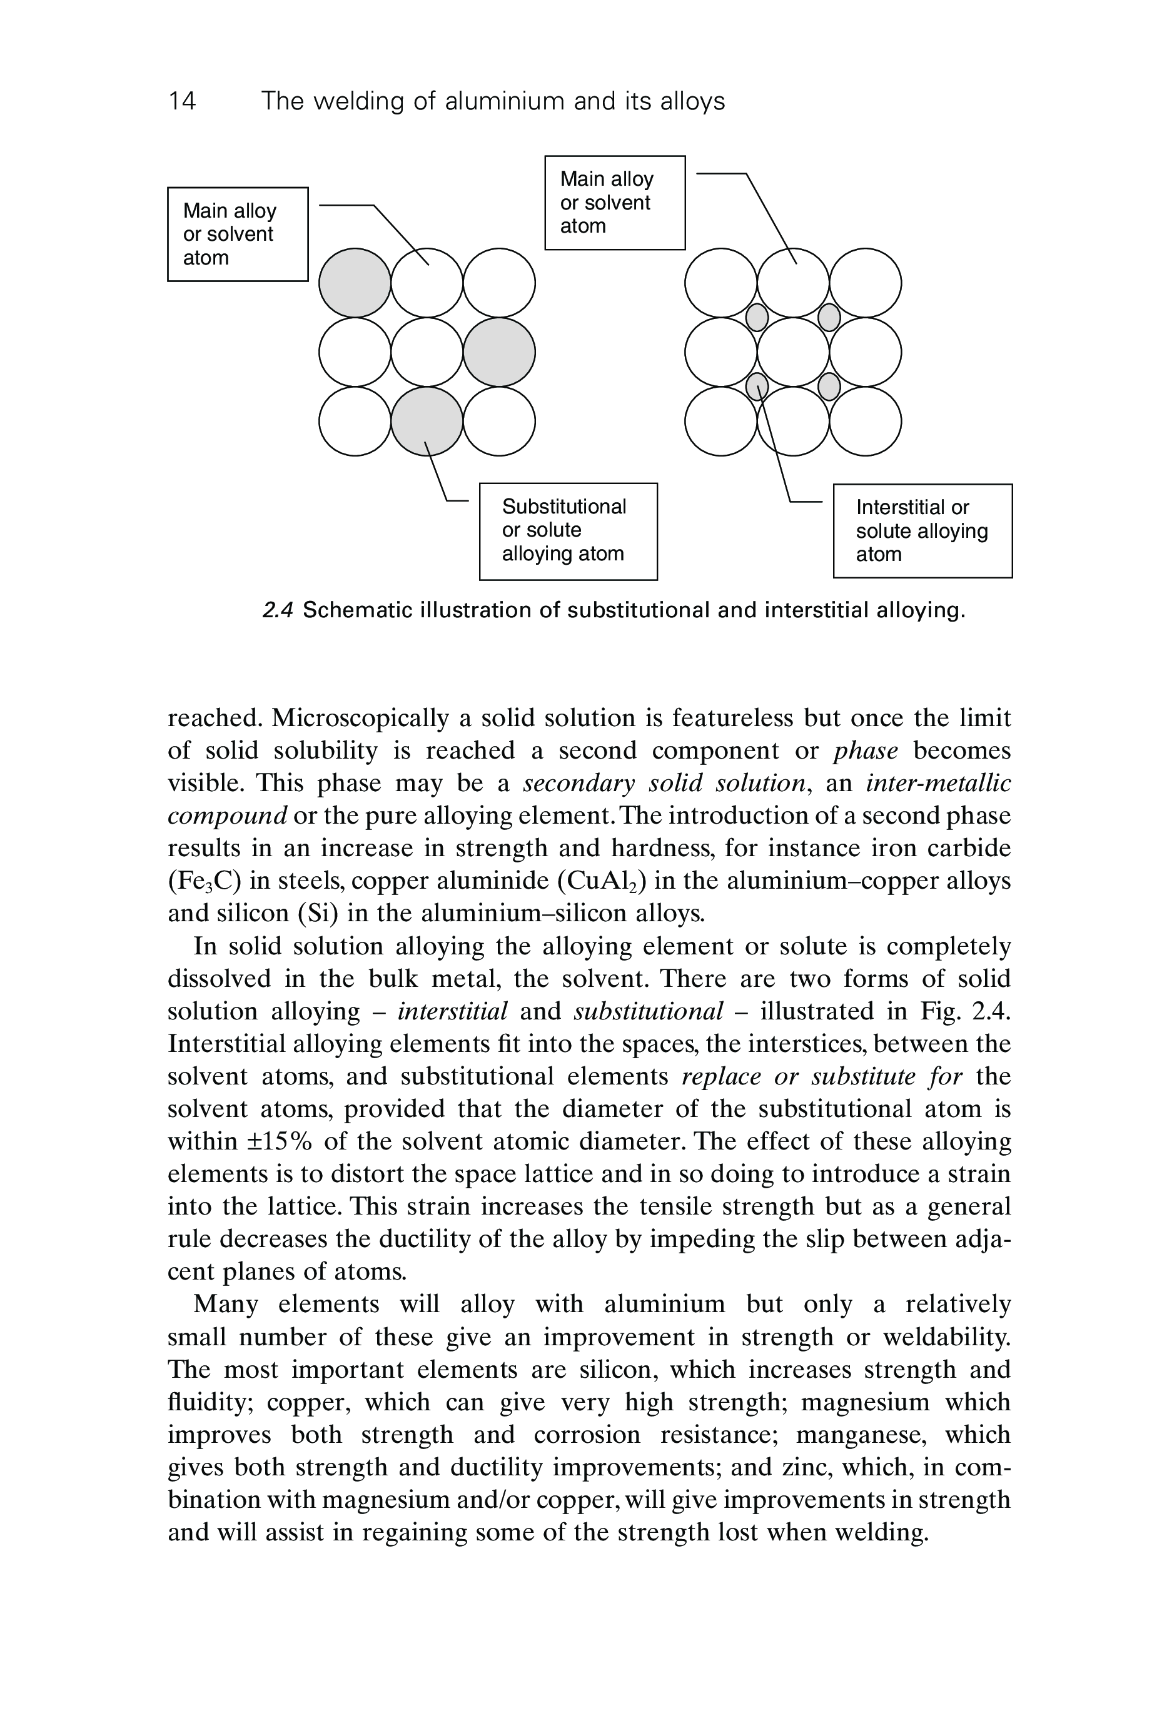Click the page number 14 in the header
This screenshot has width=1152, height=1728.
click(182, 101)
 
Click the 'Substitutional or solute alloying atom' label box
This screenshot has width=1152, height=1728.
click(568, 530)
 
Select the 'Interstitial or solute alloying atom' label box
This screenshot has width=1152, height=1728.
click(922, 530)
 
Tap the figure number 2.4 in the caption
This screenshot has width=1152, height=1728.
click(278, 610)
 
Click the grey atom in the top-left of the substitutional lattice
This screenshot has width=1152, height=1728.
click(355, 283)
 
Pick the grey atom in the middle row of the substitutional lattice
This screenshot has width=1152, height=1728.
click(499, 352)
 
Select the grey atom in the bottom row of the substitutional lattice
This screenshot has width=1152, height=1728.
click(427, 421)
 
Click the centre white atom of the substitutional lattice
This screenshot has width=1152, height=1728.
click(427, 352)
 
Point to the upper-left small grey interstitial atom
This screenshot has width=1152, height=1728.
click(757, 317)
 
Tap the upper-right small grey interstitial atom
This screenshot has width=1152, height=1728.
click(829, 317)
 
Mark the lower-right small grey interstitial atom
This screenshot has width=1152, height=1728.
click(829, 386)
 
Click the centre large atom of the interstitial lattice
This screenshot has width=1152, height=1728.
click(793, 352)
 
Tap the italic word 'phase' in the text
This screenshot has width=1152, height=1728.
click(866, 751)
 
